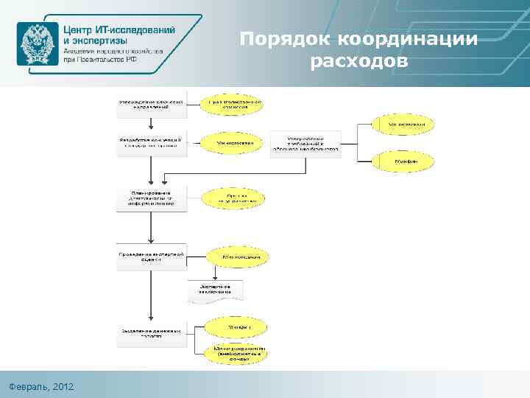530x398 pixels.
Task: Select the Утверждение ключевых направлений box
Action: click(x=150, y=104)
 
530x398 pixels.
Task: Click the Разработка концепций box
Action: click(x=150, y=142)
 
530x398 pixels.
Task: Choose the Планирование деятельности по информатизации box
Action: click(x=150, y=198)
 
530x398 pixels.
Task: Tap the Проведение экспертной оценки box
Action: click(x=150, y=256)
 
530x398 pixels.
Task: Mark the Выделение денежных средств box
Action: click(x=150, y=334)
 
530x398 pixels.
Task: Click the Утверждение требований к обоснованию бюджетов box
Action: click(x=305, y=144)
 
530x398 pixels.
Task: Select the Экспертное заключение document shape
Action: click(x=213, y=290)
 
